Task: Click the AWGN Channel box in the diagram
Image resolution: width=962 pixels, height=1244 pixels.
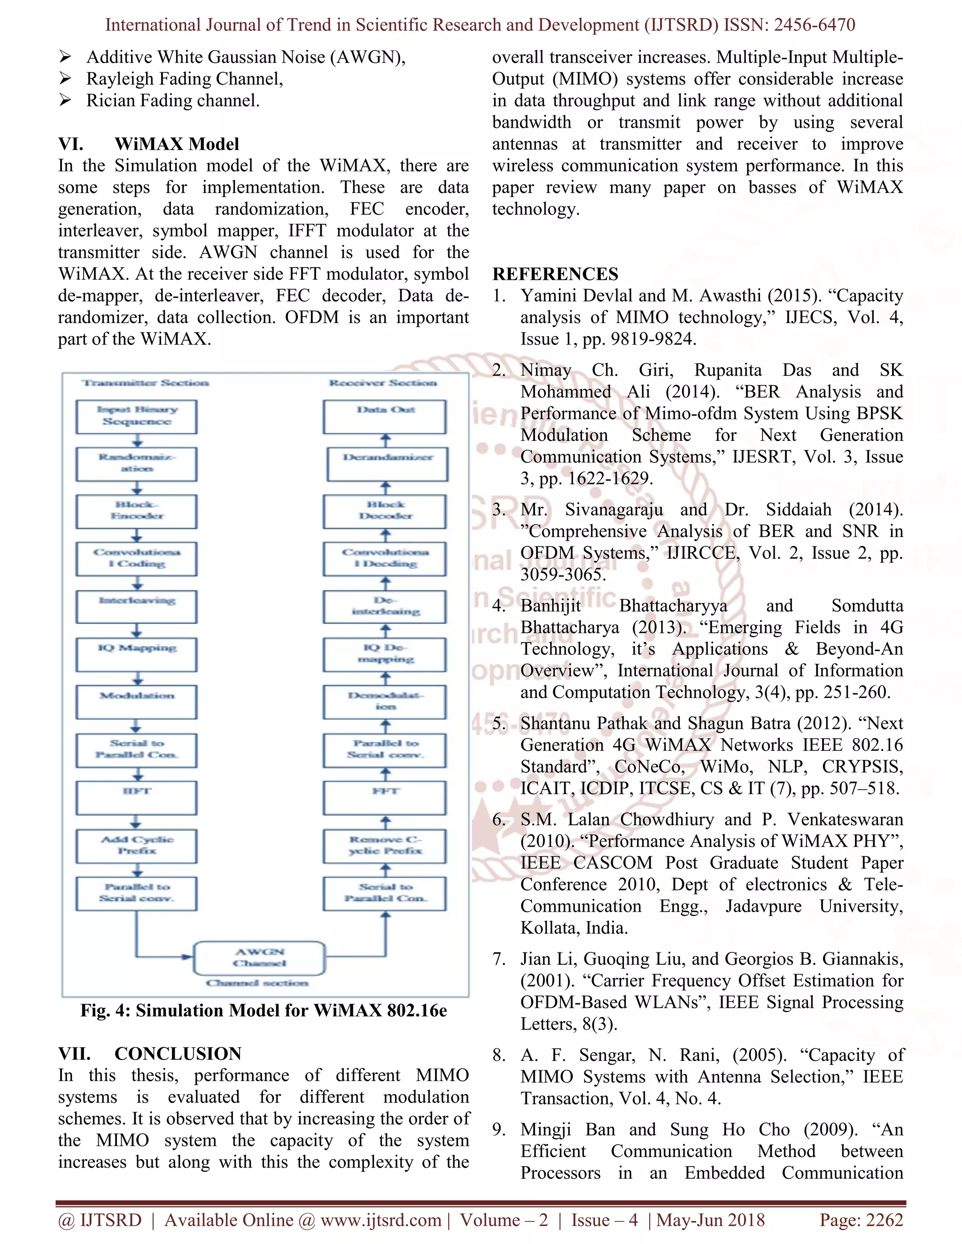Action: point(259,958)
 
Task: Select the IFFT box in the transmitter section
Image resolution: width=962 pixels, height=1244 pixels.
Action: point(136,798)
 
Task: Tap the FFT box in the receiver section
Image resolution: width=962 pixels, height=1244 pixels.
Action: point(385,798)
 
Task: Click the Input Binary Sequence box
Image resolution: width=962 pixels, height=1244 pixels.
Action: point(136,416)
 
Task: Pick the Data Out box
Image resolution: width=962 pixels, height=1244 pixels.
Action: point(385,416)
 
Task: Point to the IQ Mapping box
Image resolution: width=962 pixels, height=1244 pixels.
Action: point(136,654)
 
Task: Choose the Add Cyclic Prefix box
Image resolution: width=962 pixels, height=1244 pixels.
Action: point(136,845)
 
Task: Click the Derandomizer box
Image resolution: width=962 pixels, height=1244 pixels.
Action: point(388,464)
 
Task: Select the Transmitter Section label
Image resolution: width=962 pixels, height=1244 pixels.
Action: point(145,383)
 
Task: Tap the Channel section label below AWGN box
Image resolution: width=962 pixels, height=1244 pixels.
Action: point(257,983)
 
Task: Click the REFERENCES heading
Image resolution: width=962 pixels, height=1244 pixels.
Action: point(555,274)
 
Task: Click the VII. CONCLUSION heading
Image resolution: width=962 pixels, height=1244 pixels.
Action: point(149,1053)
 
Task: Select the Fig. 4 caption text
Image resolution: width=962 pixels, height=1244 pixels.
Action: point(264,1011)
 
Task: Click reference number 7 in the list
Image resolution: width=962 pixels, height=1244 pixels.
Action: point(499,959)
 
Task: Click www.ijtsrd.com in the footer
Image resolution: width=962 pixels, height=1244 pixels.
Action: point(380,1220)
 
